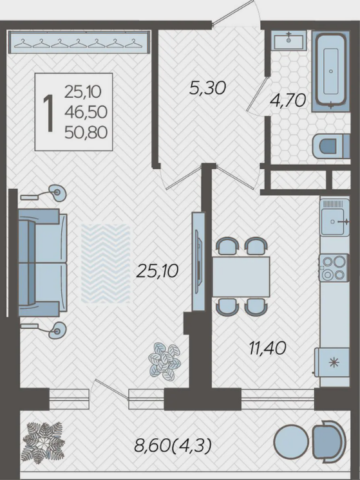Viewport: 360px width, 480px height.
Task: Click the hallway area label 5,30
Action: [x=207, y=88]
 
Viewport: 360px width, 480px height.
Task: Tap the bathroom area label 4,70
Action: [x=288, y=100]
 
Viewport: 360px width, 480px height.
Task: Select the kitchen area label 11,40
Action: [x=267, y=348]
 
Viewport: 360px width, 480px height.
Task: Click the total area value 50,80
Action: [x=86, y=133]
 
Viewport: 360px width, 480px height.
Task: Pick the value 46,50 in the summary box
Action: [x=86, y=113]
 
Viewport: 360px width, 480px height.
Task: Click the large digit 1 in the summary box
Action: [x=49, y=113]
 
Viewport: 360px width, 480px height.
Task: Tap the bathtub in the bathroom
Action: [x=331, y=71]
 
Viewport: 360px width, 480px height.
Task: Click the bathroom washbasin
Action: [x=289, y=40]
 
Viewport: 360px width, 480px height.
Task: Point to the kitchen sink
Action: [x=335, y=217]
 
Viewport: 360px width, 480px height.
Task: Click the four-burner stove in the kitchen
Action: [x=334, y=268]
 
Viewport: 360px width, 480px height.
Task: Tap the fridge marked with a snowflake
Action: [x=332, y=362]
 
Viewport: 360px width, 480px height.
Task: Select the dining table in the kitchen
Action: [x=241, y=277]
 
